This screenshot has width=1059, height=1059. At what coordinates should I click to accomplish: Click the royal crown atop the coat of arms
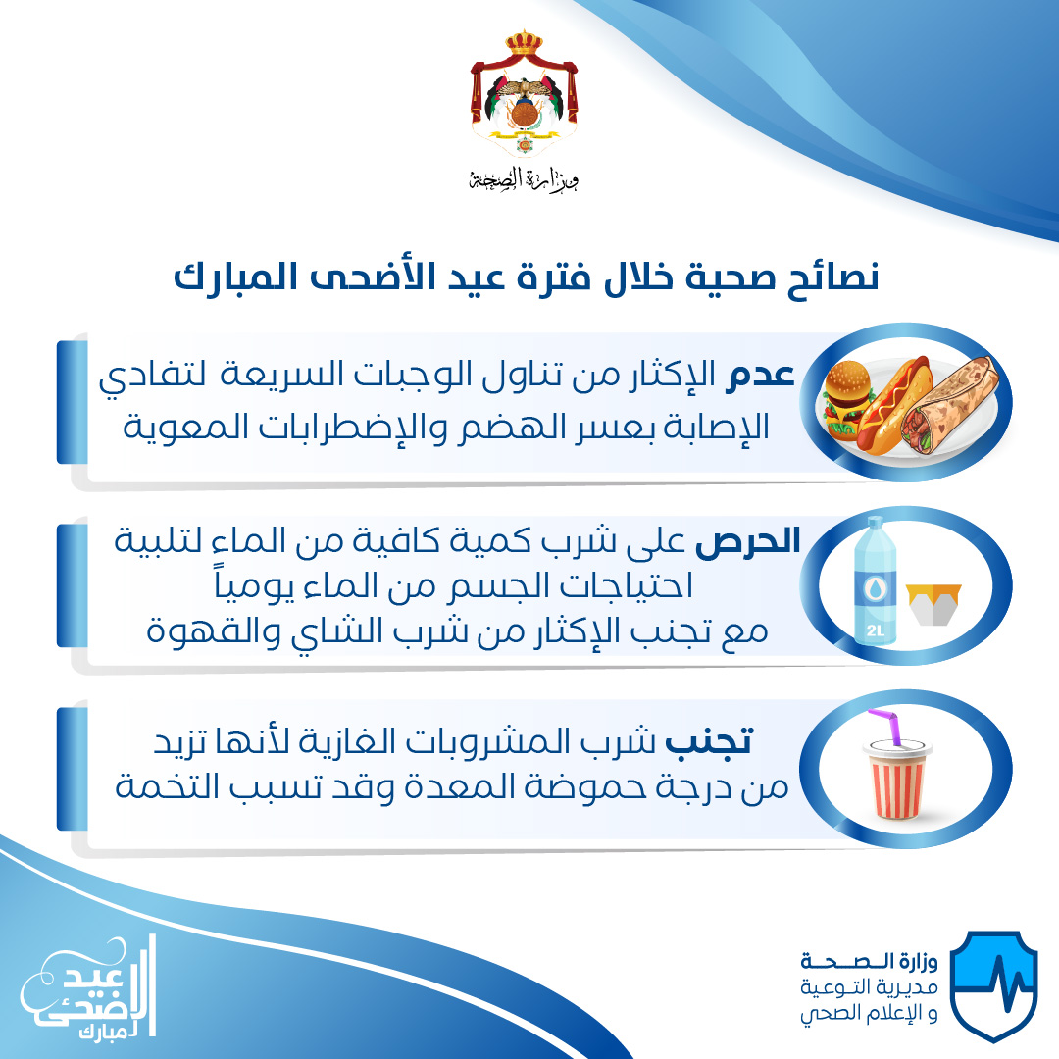pyautogui.click(x=524, y=42)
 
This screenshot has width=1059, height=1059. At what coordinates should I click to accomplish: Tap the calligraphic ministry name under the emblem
pyautogui.click(x=524, y=179)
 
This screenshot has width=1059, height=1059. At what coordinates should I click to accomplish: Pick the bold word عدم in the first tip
pyautogui.click(x=760, y=375)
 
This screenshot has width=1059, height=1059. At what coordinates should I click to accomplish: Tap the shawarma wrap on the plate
pyautogui.click(x=950, y=404)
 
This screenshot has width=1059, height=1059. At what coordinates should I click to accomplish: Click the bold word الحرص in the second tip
pyautogui.click(x=747, y=541)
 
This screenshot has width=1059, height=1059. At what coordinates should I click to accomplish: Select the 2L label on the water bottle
pyautogui.click(x=875, y=630)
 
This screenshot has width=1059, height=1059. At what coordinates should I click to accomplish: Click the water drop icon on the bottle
pyautogui.click(x=876, y=589)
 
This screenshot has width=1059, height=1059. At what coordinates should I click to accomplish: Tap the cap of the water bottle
pyautogui.click(x=876, y=524)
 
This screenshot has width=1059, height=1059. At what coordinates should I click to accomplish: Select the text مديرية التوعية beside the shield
pyautogui.click(x=869, y=987)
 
